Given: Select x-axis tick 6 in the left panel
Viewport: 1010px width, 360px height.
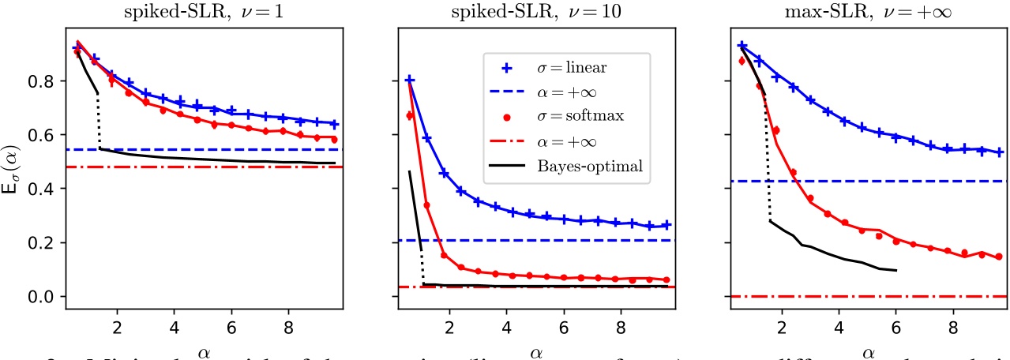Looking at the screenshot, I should point(231,324).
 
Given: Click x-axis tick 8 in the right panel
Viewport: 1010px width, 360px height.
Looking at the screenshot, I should point(953,324).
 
